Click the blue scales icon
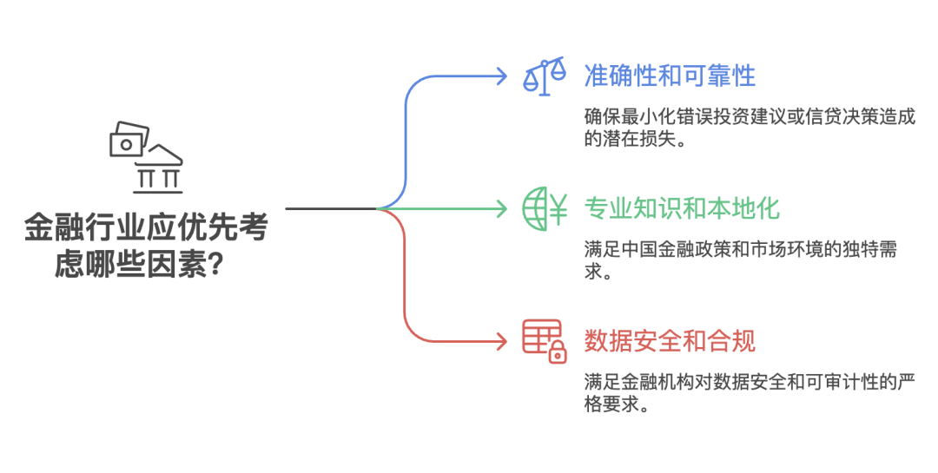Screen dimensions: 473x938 544,76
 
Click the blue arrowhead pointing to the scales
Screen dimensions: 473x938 501,76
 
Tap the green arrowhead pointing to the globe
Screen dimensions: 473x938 501,208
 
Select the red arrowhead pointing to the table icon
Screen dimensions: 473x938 501,340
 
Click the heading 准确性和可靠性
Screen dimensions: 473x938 669,76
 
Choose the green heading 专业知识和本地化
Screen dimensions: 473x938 681,208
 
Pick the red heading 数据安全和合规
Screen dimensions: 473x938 669,340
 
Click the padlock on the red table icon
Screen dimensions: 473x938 557,352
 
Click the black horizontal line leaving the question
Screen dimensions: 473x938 330,208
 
